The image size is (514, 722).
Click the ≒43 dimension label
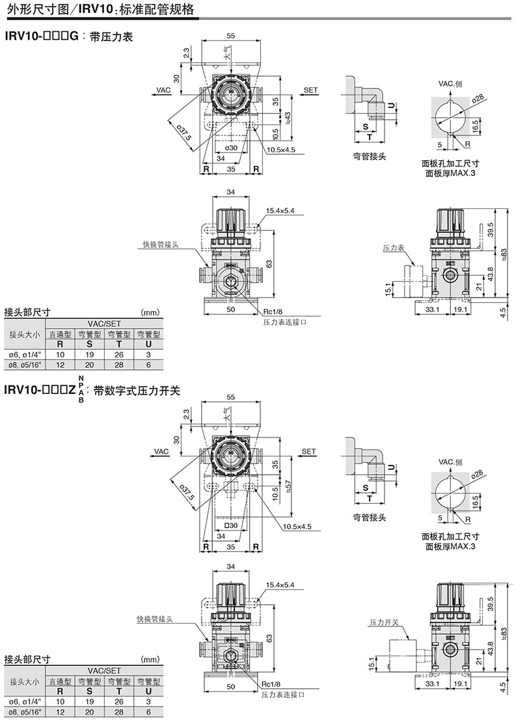tap(288, 118)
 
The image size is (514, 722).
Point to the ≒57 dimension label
tap(288, 486)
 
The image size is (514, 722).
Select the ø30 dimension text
tap(232, 148)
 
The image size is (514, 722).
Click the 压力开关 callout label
tap(384, 622)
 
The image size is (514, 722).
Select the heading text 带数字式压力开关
tap(136, 391)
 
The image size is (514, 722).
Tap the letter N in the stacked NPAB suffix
tap(81, 378)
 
